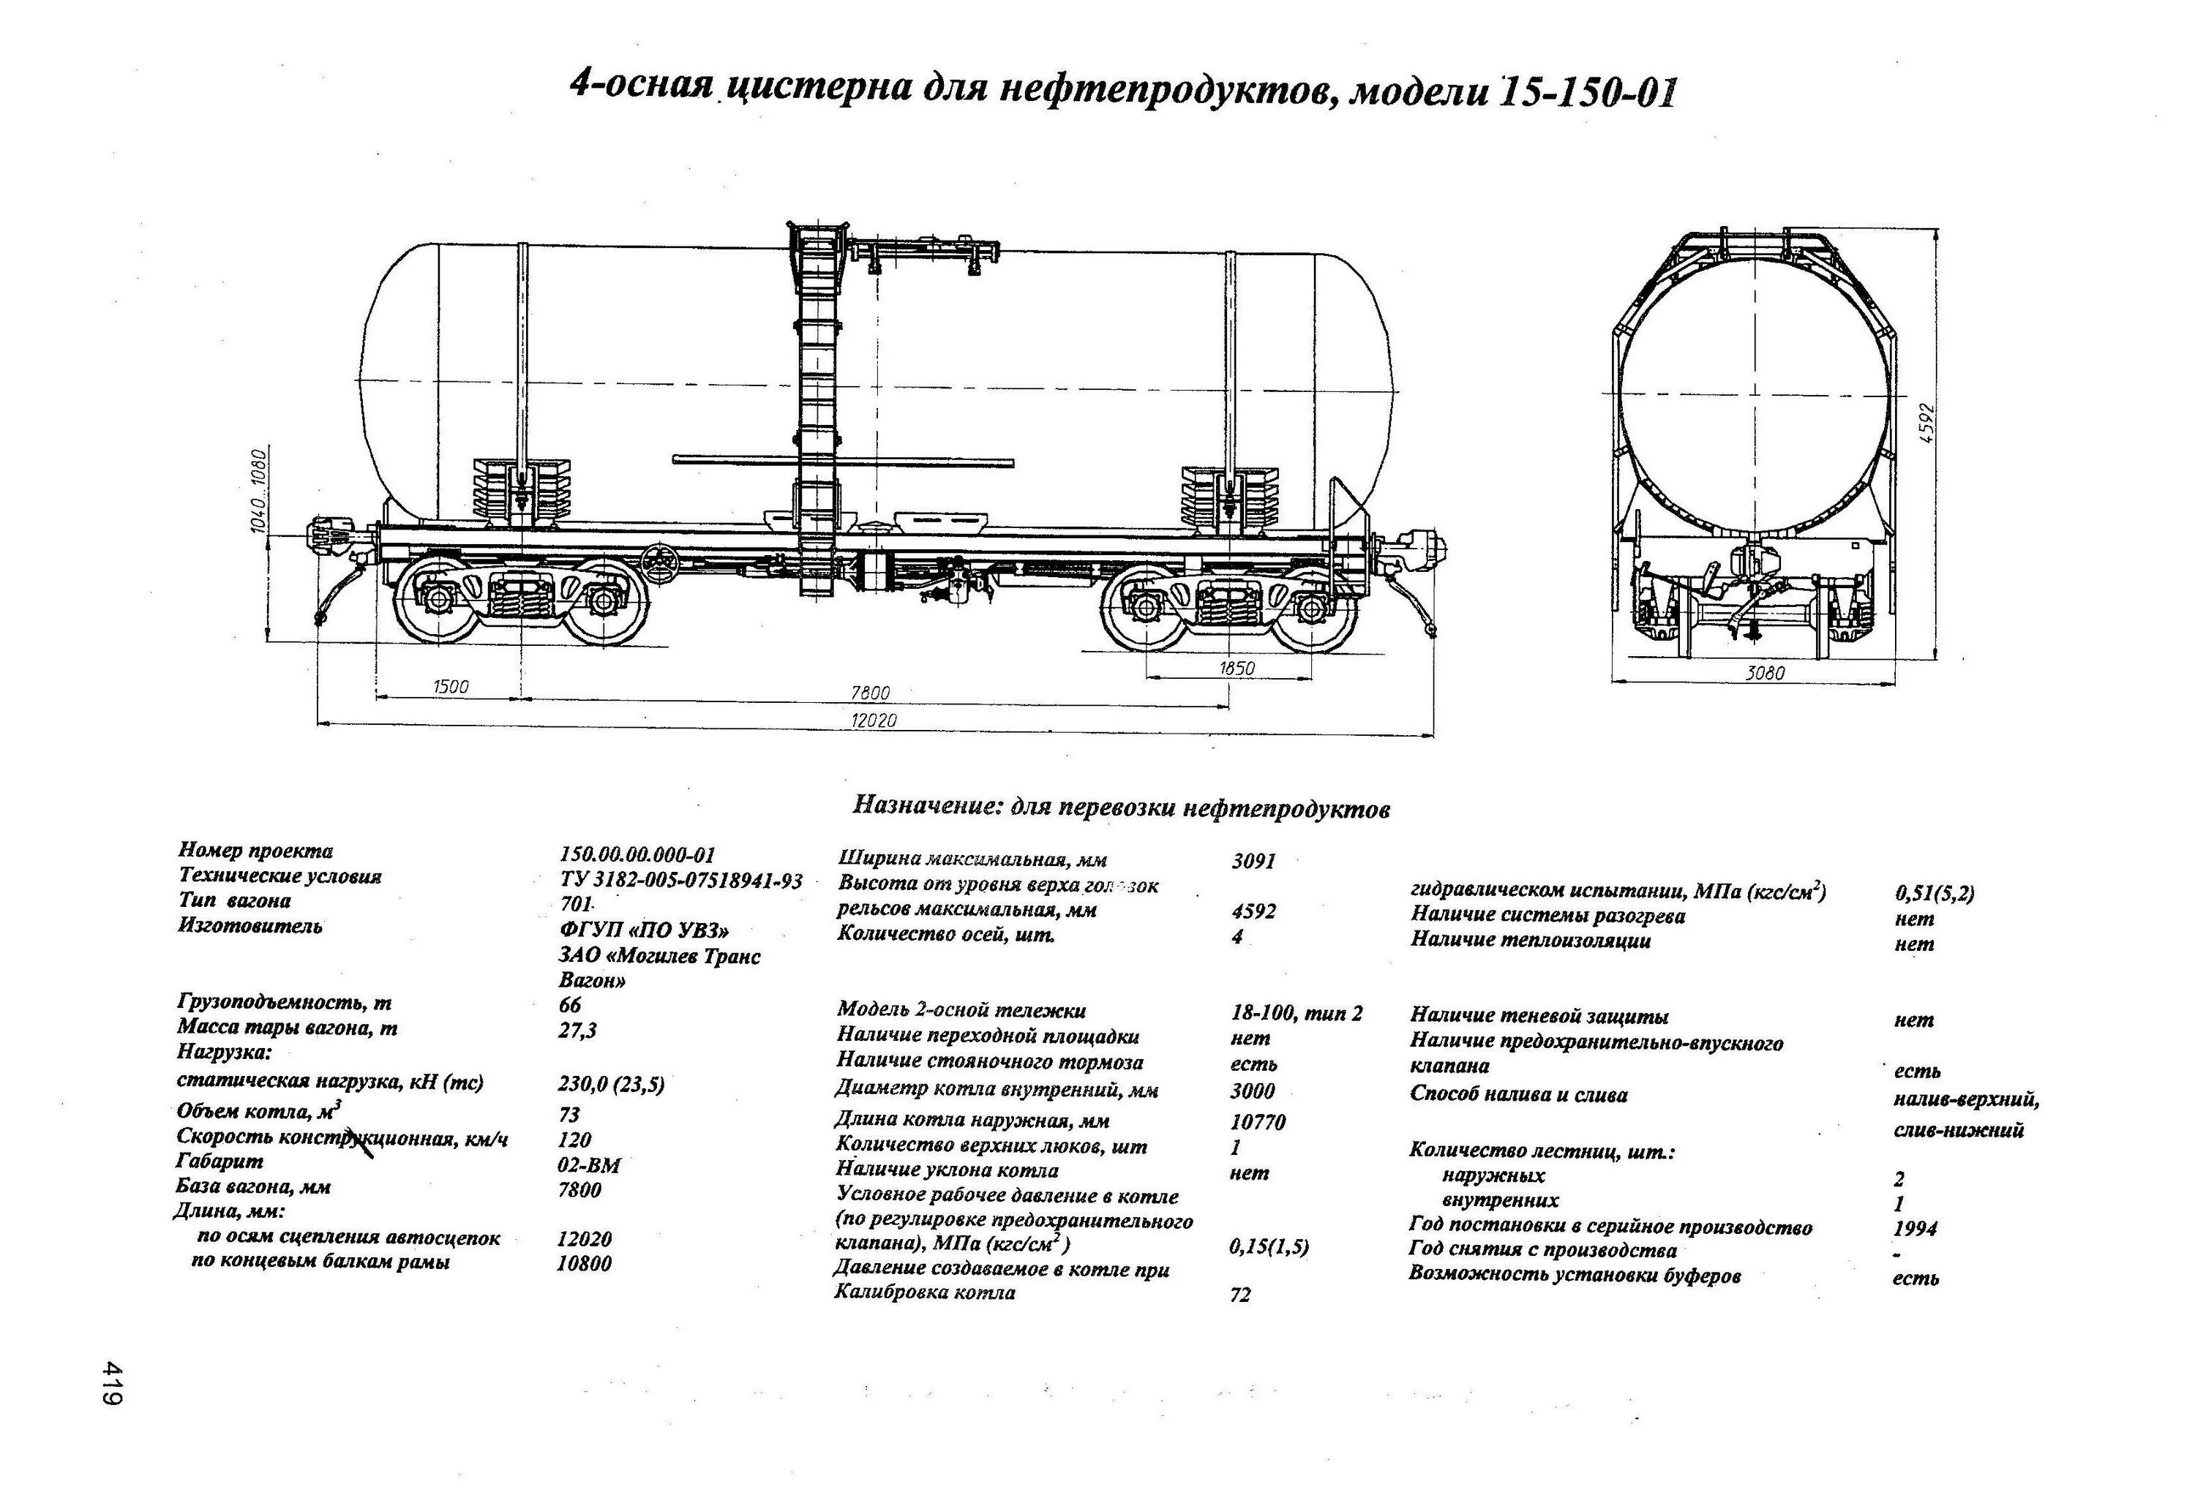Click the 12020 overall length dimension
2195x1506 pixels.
point(874,720)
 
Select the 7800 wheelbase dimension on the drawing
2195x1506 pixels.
point(870,693)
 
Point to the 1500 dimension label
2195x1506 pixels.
point(451,686)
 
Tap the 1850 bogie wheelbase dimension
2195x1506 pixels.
point(1237,669)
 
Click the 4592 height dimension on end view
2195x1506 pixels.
point(1926,423)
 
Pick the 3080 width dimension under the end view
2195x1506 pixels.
point(1764,673)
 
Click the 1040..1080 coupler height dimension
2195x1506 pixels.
point(260,489)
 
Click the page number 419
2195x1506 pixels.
point(113,1383)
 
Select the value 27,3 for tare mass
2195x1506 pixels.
point(577,1030)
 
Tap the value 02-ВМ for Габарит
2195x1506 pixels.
point(590,1165)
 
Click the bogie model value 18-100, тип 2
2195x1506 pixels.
point(1297,1013)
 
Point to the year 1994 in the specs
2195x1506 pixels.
point(1915,1228)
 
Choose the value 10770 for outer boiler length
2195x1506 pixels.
point(1257,1122)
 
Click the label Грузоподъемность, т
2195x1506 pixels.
point(285,1002)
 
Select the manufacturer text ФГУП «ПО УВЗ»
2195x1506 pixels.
point(644,930)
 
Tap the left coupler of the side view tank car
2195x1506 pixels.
point(331,536)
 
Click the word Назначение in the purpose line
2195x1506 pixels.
point(925,805)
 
